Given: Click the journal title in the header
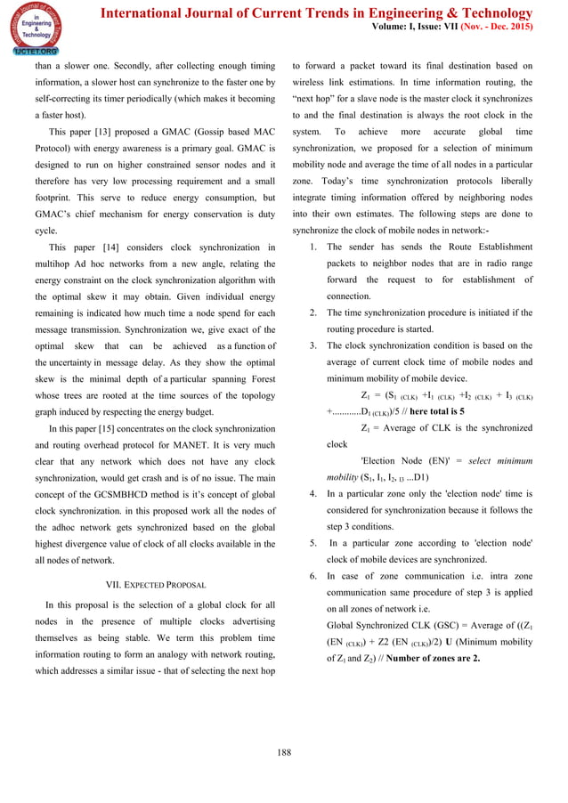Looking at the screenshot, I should [317, 12].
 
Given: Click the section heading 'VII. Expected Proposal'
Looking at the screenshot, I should [156, 584].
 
